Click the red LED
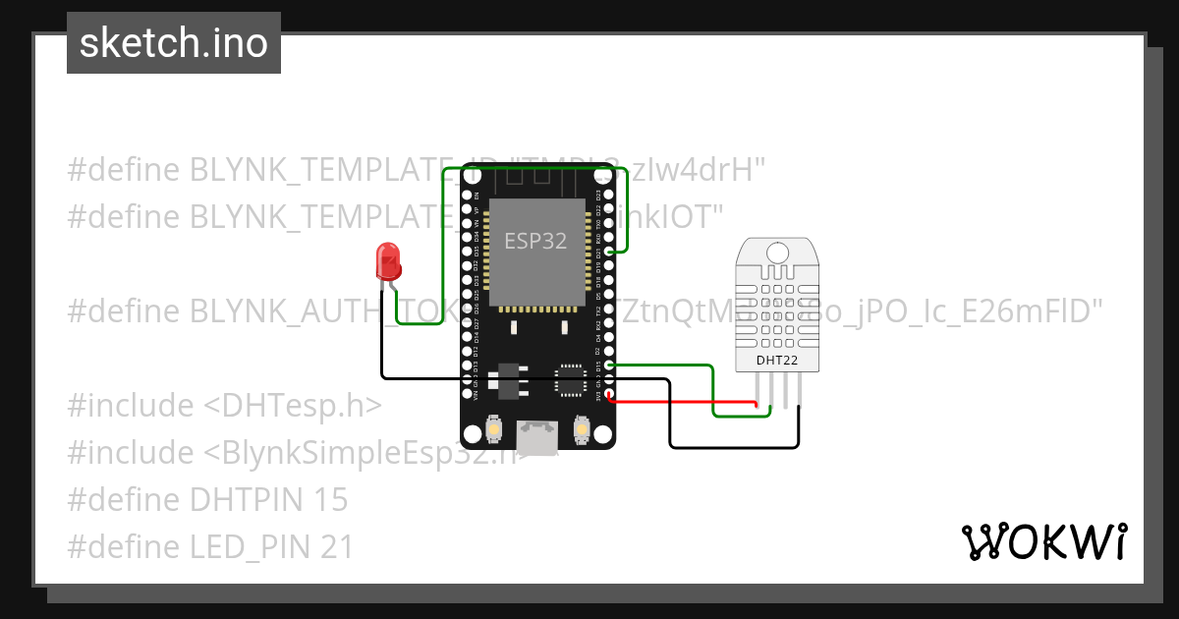coord(388,262)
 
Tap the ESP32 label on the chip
coord(535,241)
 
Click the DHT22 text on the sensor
coord(777,360)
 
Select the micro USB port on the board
coord(537,438)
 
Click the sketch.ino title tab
coord(174,43)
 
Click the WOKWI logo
coord(1043,541)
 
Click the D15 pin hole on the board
coord(609,366)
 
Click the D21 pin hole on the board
coord(609,253)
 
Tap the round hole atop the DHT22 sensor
coord(777,252)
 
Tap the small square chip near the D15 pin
coord(571,380)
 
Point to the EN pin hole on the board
coord(467,196)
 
